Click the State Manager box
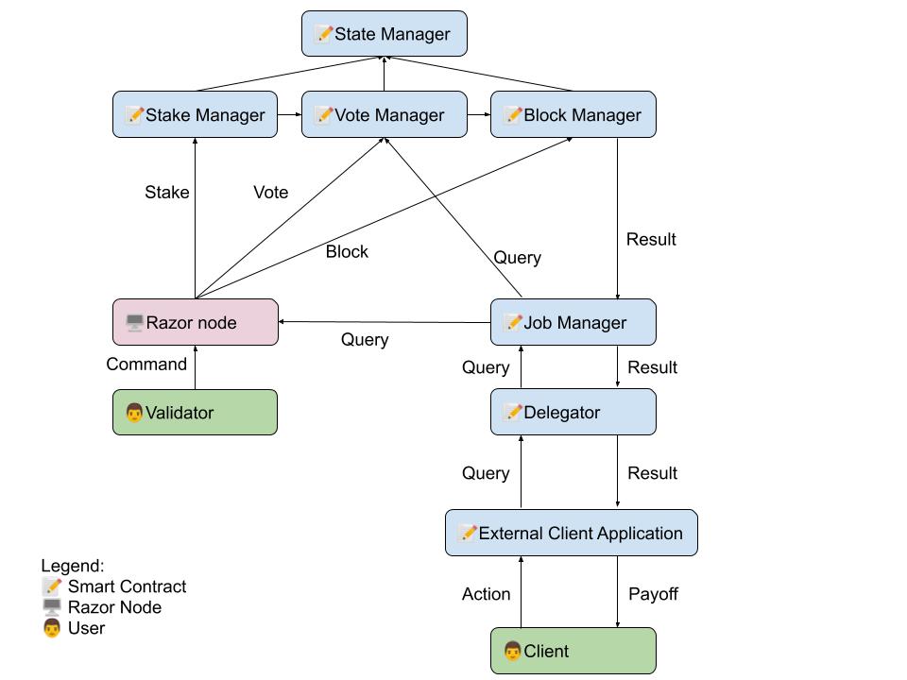click(x=384, y=34)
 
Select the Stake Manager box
click(x=195, y=115)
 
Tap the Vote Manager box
click(x=384, y=115)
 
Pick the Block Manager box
click(x=573, y=115)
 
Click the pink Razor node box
click(x=195, y=322)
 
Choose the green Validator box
click(x=195, y=413)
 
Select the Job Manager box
click(x=573, y=322)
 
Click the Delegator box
click(x=573, y=413)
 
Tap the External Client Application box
click(x=571, y=533)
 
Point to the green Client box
click(x=573, y=651)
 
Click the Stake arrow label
click(x=167, y=193)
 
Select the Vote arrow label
click(x=270, y=193)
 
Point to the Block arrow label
click(x=347, y=252)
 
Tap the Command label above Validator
click(x=146, y=365)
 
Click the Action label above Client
click(x=486, y=594)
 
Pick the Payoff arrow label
click(x=653, y=594)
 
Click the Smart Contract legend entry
click(x=115, y=586)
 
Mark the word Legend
click(x=72, y=566)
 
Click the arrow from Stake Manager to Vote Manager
click(x=289, y=115)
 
